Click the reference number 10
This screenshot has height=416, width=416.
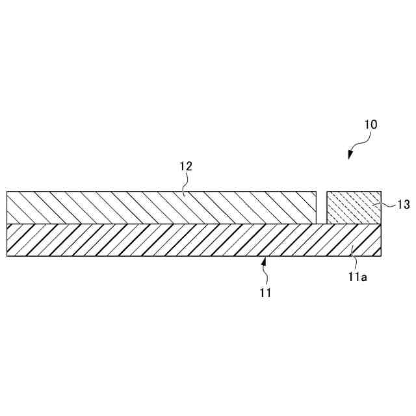[370, 124]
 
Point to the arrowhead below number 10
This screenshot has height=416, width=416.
[350, 155]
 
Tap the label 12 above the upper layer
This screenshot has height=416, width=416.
[186, 166]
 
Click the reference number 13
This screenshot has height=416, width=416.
[403, 205]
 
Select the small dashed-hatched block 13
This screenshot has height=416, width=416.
[353, 207]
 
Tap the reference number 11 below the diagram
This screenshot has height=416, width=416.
[265, 293]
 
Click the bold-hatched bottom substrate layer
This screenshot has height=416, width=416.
[162, 240]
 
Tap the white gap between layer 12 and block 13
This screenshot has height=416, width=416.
[321, 207]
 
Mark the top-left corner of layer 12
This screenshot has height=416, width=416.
[7, 192]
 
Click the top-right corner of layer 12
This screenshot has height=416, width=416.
[317, 192]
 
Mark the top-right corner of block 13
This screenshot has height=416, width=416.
[381, 192]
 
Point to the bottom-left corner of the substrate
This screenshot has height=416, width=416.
[7, 256]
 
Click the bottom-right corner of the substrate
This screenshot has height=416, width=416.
[381, 256]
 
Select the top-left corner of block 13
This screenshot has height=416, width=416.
[326, 192]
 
